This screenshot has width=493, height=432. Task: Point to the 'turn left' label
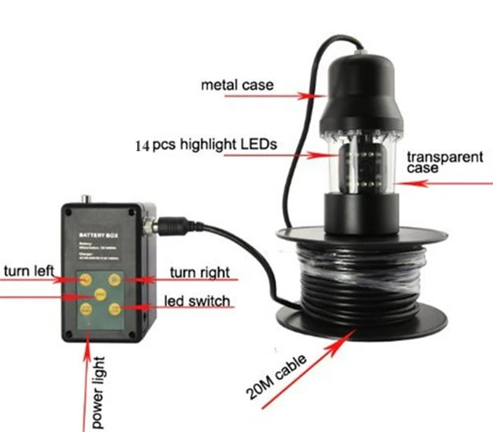[28, 272]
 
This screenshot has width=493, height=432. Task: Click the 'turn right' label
[198, 272]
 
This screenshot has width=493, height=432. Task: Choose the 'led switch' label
[198, 301]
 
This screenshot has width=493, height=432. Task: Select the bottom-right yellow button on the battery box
[115, 308]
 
